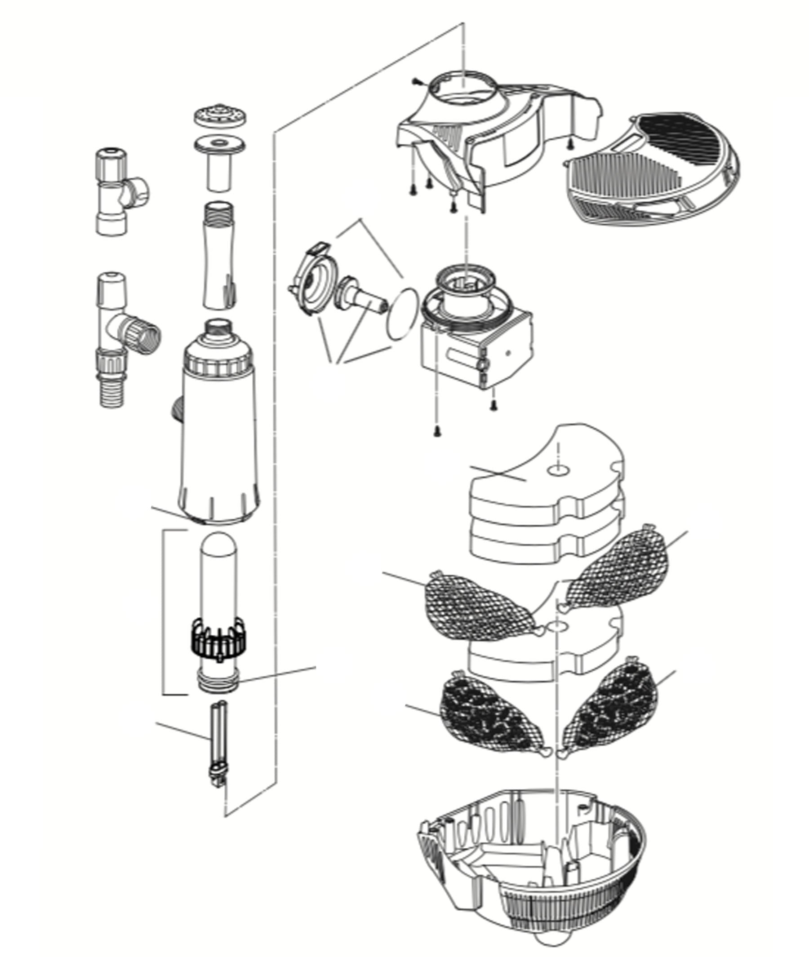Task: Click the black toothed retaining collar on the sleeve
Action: pos(218,639)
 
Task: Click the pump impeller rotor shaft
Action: pos(362,296)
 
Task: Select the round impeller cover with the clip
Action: pos(315,284)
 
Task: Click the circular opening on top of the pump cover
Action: pos(463,92)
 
